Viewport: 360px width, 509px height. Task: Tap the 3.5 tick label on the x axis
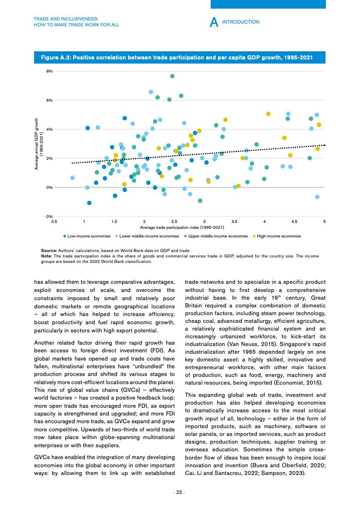pos(234,221)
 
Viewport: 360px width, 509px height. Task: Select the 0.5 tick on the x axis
pos(54,221)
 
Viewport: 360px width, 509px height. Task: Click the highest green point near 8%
pos(173,76)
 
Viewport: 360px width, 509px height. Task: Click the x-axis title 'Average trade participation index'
pos(182,227)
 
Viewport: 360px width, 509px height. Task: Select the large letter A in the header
pos(215,22)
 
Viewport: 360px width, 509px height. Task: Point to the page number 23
pos(180,492)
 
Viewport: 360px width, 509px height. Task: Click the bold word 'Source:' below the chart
pos(49,250)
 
